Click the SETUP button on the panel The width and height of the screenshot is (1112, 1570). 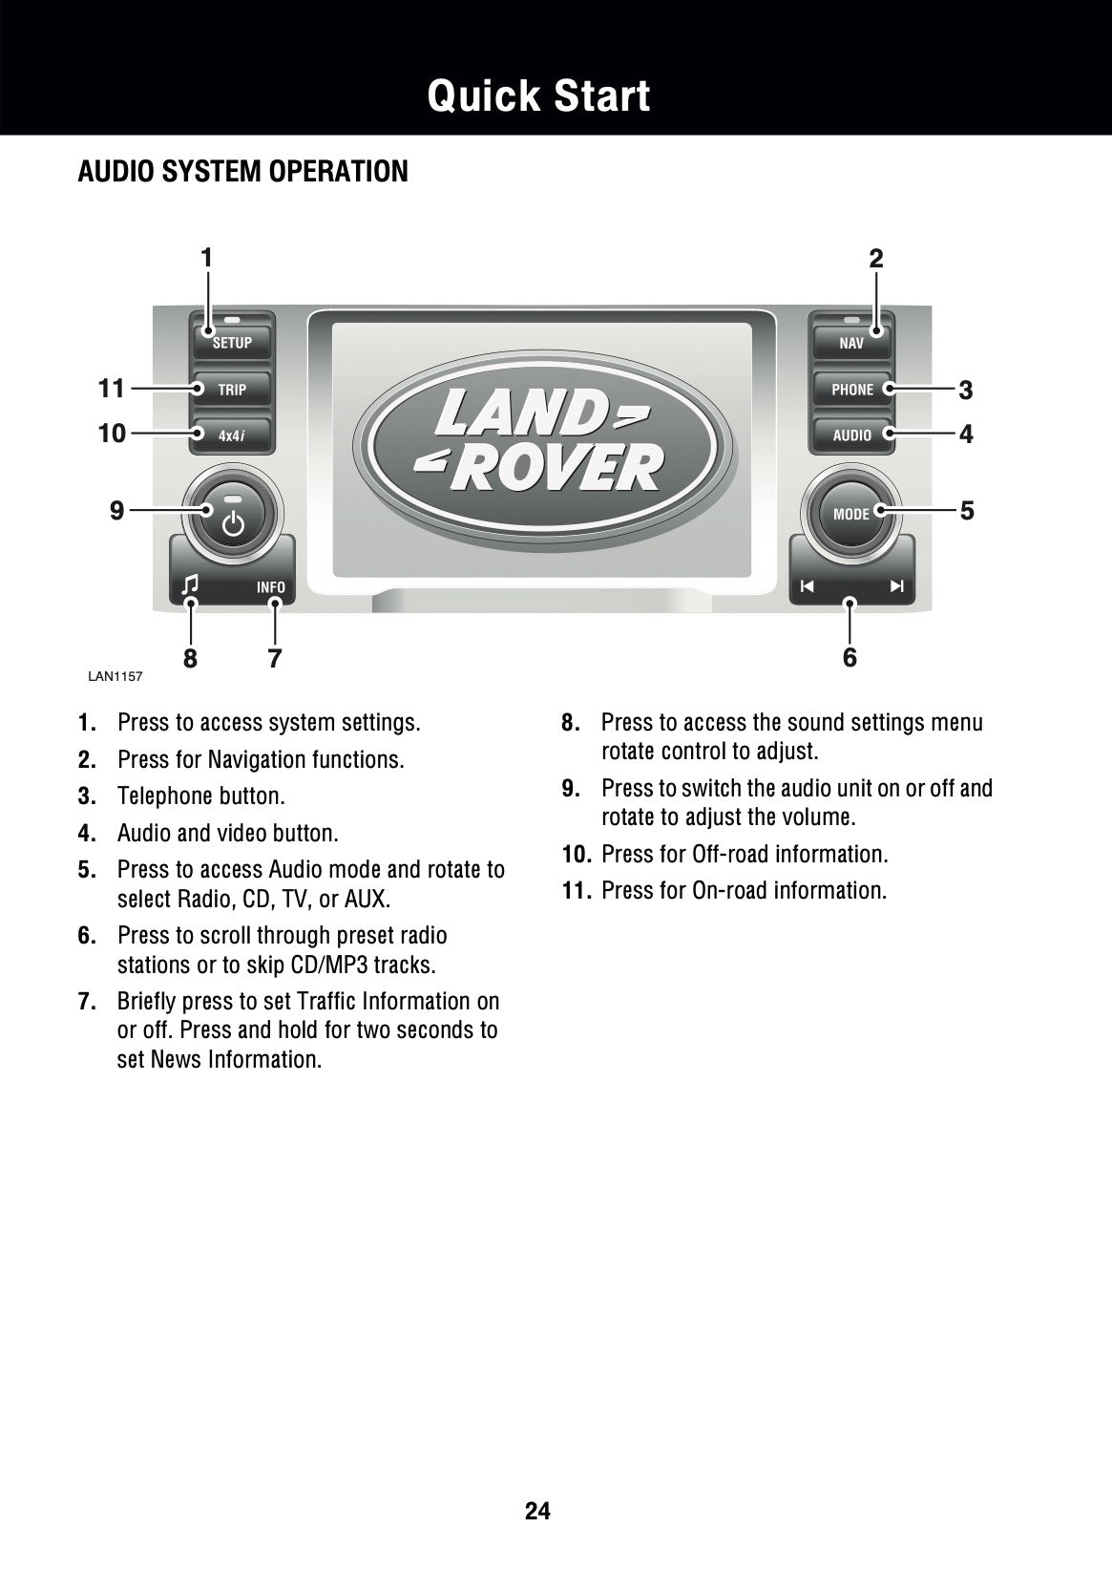[x=232, y=342]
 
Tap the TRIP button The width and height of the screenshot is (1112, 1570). [x=232, y=389]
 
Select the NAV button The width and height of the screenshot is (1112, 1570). [x=851, y=342]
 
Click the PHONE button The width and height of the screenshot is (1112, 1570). [x=851, y=389]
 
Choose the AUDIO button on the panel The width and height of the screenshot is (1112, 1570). [x=851, y=435]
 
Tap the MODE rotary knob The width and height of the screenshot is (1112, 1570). [x=851, y=514]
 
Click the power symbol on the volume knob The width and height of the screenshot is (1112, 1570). [x=233, y=524]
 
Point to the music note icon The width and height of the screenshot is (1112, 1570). [x=190, y=584]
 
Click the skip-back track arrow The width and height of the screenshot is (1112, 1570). [x=808, y=586]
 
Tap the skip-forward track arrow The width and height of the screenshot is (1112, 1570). [x=897, y=586]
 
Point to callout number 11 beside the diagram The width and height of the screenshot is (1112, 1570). [x=112, y=389]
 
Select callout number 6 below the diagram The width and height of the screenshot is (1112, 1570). [x=850, y=657]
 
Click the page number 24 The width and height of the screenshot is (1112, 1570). [x=537, y=1511]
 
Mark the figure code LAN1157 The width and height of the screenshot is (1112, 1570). [x=115, y=676]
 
